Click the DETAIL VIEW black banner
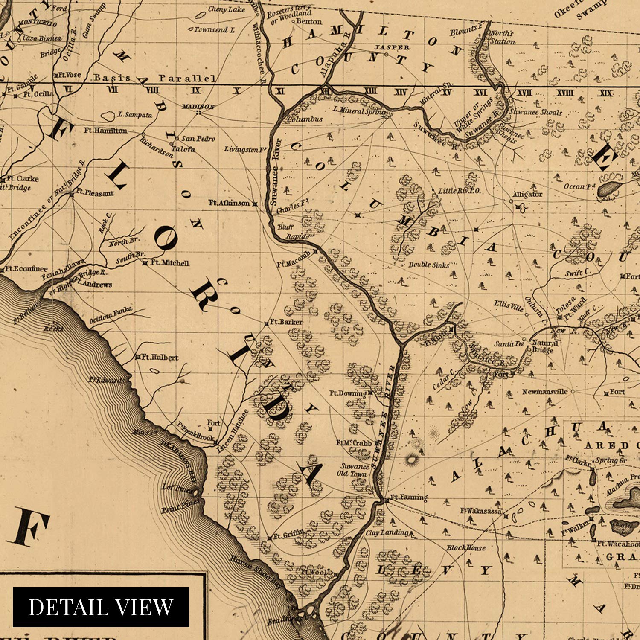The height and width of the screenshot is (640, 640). tap(101, 607)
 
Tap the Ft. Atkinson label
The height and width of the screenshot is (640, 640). tap(229, 203)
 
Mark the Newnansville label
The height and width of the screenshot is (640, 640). tap(545, 391)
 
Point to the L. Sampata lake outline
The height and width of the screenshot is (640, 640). tap(108, 116)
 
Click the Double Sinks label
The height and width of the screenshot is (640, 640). tap(428, 265)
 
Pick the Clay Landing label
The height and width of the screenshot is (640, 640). tap(387, 533)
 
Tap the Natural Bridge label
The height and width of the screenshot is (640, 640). tap(545, 346)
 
